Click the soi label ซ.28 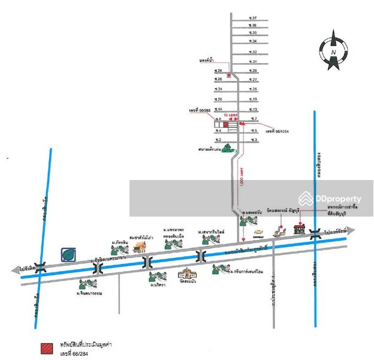(x=218, y=71)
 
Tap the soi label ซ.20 (x=218, y=100)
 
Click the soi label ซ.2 (x=218, y=140)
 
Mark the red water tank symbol (x=229, y=75)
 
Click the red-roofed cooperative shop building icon (x=299, y=229)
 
